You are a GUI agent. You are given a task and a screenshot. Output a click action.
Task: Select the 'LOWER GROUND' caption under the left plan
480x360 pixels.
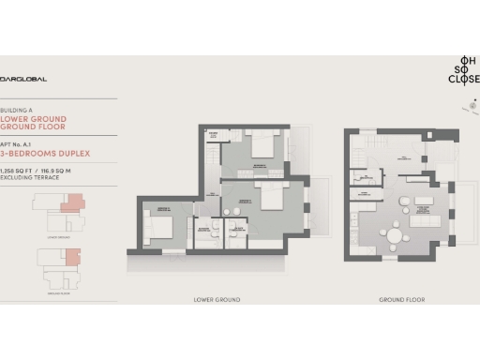[217, 299]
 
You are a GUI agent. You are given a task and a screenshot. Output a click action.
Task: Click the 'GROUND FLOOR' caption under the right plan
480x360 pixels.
[397, 299]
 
